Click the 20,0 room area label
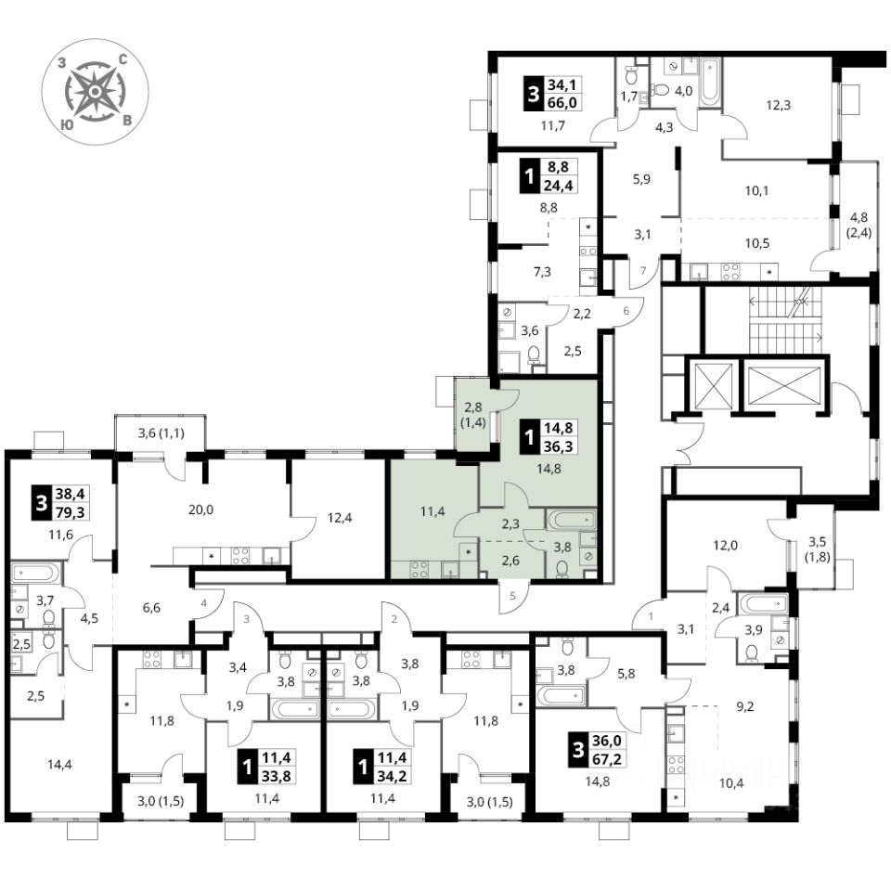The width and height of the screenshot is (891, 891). click(200, 510)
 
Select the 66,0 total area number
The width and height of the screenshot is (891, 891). click(562, 102)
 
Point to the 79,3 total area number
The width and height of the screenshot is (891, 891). click(70, 512)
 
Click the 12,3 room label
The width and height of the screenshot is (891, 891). click(778, 105)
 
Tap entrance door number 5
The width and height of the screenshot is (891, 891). click(512, 596)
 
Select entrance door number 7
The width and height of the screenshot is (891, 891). click(643, 270)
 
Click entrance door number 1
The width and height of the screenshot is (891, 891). click(651, 616)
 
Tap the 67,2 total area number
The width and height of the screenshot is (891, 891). click(607, 759)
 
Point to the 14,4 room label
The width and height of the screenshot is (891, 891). click(59, 764)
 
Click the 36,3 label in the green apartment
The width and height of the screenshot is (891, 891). click(559, 446)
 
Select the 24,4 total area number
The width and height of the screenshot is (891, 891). click(559, 186)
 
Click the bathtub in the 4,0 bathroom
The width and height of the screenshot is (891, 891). click(709, 82)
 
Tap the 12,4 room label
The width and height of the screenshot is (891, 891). click(340, 518)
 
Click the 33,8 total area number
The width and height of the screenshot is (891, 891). click(277, 775)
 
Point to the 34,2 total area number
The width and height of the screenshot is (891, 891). click(392, 775)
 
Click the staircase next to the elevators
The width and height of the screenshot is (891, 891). click(785, 320)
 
